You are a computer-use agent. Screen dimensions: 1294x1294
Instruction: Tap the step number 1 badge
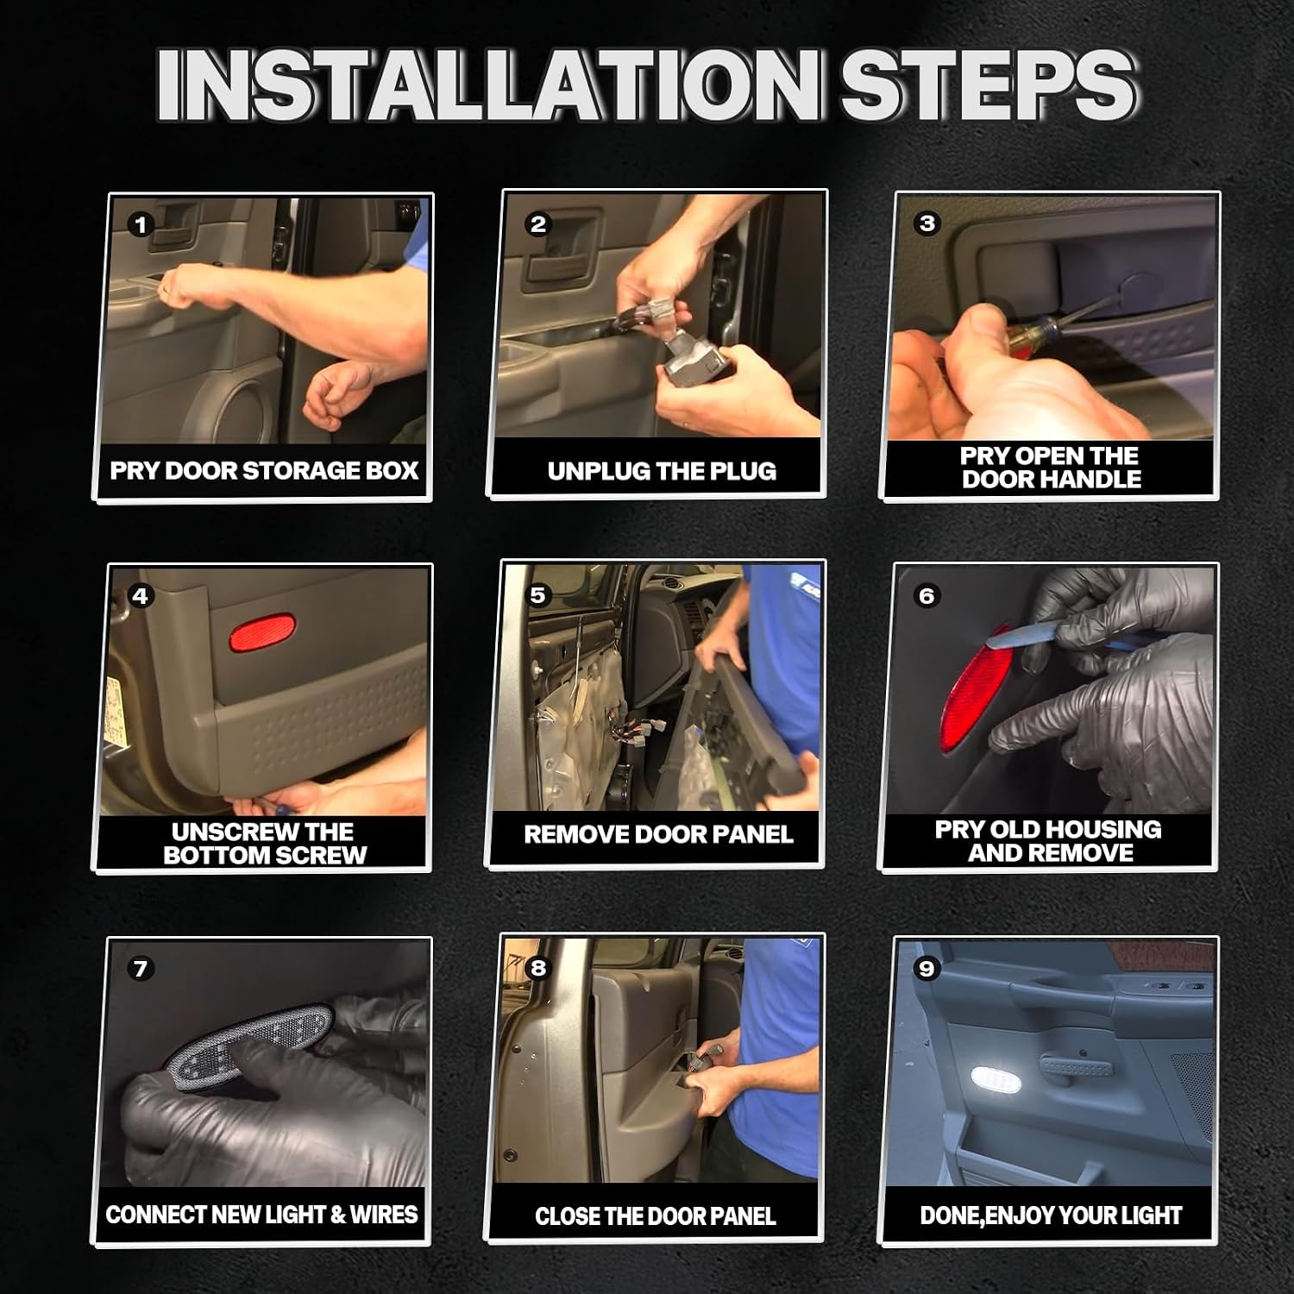(141, 226)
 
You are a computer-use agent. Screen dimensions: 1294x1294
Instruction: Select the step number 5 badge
(538, 595)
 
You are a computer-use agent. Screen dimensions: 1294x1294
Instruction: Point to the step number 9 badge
(927, 969)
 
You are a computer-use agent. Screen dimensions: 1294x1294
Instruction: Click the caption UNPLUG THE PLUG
(662, 471)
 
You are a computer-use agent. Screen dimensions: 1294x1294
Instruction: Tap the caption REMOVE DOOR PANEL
(658, 834)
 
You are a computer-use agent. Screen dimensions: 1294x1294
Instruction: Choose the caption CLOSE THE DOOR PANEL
(656, 1216)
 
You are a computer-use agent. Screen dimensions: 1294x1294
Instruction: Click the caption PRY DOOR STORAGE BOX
(264, 470)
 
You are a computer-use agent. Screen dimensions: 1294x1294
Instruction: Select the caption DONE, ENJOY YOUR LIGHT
(1051, 1215)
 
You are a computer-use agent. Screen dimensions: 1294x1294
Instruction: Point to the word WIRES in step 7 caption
(384, 1215)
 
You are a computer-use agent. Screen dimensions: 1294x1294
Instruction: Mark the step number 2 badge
(538, 224)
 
